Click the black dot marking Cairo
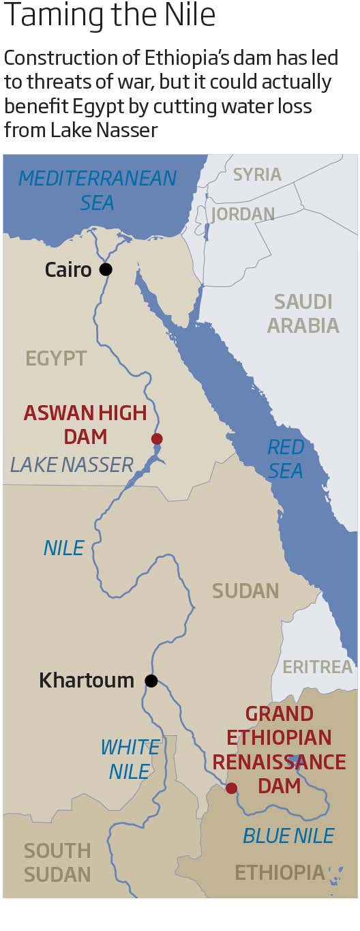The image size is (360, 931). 106,269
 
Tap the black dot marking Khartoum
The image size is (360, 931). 151,681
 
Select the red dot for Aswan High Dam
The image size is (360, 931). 157,439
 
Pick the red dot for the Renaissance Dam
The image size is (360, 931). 231,788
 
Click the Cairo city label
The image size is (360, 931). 68,269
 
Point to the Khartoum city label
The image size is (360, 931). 87,680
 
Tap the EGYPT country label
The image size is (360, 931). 56,358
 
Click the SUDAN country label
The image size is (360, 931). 245,591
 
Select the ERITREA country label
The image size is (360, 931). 317,666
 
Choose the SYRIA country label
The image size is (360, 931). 257,175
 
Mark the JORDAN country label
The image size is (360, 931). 243,214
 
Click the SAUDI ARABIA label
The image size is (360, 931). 303,313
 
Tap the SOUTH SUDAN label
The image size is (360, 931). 57,862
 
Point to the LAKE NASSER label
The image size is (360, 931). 72,465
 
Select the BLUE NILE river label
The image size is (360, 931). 288,836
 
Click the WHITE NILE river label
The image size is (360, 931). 130,759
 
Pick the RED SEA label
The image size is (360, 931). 285,459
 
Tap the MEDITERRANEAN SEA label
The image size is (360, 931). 97,190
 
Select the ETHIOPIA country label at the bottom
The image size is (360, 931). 280,872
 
